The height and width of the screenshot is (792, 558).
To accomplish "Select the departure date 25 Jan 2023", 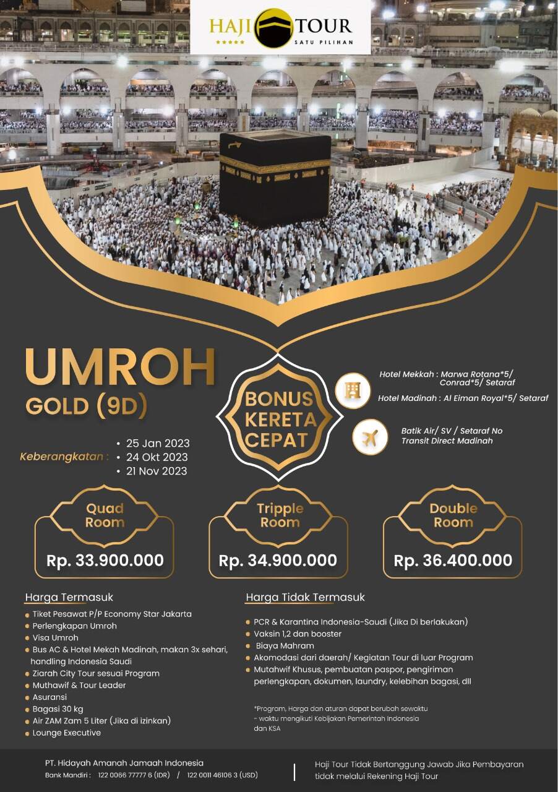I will coord(158,444).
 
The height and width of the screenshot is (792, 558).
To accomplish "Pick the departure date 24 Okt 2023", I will coord(157,457).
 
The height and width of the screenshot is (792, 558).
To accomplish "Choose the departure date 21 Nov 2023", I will coord(158,471).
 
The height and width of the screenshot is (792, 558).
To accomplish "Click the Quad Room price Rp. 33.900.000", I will coord(105,561).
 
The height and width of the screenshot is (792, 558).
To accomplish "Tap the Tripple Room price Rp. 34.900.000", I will coord(278,561).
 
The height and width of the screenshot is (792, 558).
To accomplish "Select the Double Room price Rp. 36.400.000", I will coord(453,561).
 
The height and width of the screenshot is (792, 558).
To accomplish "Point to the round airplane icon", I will coord(370,438).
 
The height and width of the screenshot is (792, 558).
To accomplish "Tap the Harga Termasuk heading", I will coord(69,597).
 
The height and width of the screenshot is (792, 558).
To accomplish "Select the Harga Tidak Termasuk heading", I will coord(305,597).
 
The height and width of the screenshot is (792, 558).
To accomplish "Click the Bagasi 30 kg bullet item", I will coord(58,708).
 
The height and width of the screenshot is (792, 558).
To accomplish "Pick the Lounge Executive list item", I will coord(67,733).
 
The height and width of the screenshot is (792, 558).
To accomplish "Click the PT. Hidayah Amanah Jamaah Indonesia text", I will coord(124,763).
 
